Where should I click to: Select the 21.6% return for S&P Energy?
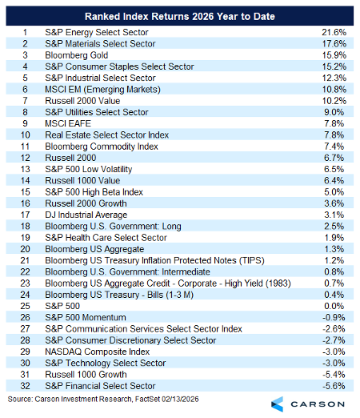334,32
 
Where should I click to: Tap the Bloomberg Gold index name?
77,55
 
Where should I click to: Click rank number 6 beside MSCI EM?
25,90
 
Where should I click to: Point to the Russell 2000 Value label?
82,101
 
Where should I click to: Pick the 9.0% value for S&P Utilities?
334,112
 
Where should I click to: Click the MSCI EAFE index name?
68,123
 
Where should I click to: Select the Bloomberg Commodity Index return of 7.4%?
334,147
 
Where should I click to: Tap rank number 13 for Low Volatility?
26,169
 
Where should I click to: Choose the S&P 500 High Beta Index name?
94,192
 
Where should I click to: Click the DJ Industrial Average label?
86,215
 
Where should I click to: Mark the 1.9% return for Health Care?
334,238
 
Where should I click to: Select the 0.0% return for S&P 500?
334,306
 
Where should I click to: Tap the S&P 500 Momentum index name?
86,318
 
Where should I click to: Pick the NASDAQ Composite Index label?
98,352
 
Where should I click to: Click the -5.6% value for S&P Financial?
334,386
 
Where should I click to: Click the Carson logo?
308,404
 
